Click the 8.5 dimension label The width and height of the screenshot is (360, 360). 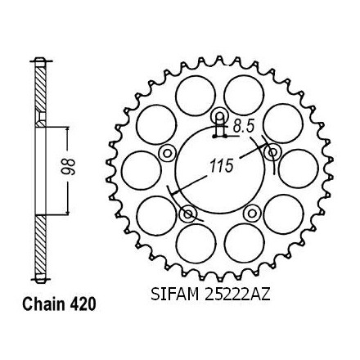(x=244, y=126)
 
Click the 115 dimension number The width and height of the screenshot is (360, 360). (x=221, y=165)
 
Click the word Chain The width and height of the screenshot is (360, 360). (x=44, y=304)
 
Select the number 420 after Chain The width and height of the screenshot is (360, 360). (x=83, y=304)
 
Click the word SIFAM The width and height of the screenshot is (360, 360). (x=174, y=295)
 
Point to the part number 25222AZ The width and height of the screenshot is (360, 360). (x=237, y=295)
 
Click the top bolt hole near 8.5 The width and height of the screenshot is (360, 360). (x=220, y=117)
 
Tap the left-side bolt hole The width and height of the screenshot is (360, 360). (x=167, y=153)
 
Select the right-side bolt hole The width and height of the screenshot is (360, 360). (x=272, y=153)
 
